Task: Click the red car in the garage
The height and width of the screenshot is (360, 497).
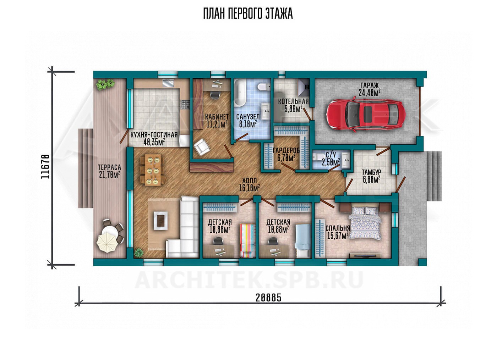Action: (366, 115)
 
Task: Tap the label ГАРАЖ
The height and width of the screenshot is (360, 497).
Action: (370, 85)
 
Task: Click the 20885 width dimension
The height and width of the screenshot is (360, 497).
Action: (268, 298)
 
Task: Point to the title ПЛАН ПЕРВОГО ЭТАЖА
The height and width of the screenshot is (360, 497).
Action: (248, 14)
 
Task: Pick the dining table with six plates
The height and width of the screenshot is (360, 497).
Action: (153, 170)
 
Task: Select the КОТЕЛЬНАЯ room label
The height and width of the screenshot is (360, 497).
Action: (293, 101)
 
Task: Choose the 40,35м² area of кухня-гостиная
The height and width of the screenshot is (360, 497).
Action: (154, 142)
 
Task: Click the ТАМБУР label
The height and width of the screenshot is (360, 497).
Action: (372, 172)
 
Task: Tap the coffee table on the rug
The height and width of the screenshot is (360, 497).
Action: (161, 220)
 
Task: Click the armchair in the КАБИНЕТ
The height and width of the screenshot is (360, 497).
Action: (202, 147)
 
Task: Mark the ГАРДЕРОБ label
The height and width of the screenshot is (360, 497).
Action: (286, 150)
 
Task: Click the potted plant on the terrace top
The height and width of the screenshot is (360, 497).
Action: (105, 84)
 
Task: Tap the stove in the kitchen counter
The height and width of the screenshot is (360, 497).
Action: (186, 105)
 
